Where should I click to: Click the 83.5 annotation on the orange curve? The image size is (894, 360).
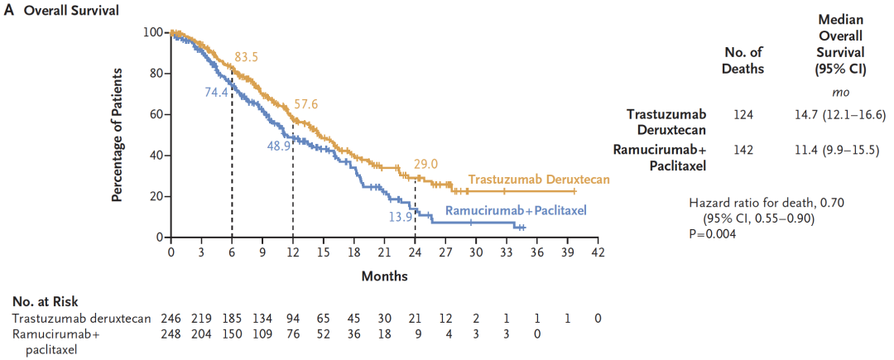[x=247, y=56]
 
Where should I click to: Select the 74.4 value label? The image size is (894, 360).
[x=216, y=92]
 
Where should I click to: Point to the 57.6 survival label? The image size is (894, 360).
[x=306, y=104]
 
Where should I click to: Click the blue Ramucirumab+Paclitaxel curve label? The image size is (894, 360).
[x=516, y=211]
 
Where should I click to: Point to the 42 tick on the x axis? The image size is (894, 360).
[x=598, y=252]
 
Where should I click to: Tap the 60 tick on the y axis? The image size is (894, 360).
[x=156, y=114]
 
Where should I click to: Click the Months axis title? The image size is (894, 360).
[x=384, y=276]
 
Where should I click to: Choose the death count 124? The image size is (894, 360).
[x=744, y=114]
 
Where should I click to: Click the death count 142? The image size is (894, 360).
[x=744, y=150]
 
